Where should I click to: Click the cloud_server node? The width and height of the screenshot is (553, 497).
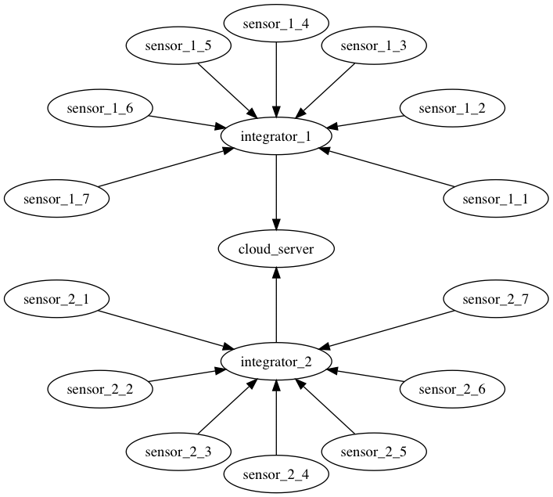click(276, 249)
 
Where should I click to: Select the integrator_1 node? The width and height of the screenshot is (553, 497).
click(276, 136)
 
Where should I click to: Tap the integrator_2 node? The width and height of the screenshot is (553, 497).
click(276, 362)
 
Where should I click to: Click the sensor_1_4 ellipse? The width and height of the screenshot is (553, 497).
click(276, 23)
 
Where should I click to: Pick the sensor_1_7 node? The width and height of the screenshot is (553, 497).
click(57, 199)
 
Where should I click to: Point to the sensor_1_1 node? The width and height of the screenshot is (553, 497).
click(496, 199)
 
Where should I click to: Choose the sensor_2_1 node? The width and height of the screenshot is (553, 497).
click(57, 299)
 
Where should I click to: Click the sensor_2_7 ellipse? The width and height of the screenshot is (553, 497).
click(496, 299)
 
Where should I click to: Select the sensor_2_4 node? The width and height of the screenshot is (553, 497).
click(276, 474)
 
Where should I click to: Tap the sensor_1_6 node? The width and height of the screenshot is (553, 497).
click(100, 108)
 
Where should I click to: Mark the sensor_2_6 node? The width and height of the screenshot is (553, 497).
click(452, 389)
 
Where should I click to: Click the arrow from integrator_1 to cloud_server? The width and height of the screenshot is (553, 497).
click(276, 193)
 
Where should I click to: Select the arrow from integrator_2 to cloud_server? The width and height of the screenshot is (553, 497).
click(276, 305)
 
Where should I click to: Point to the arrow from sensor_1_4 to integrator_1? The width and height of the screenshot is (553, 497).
click(276, 80)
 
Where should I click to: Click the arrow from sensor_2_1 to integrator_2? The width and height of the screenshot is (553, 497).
click(166, 331)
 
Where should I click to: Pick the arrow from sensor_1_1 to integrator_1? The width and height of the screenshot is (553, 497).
click(386, 167)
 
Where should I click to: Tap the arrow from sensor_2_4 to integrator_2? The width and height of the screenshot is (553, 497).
click(276, 418)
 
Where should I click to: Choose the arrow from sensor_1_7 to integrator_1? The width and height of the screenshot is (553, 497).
click(167, 167)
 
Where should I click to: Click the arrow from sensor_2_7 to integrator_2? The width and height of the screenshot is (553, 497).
click(386, 331)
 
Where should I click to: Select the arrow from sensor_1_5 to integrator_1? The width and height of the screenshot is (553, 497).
click(228, 90)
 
